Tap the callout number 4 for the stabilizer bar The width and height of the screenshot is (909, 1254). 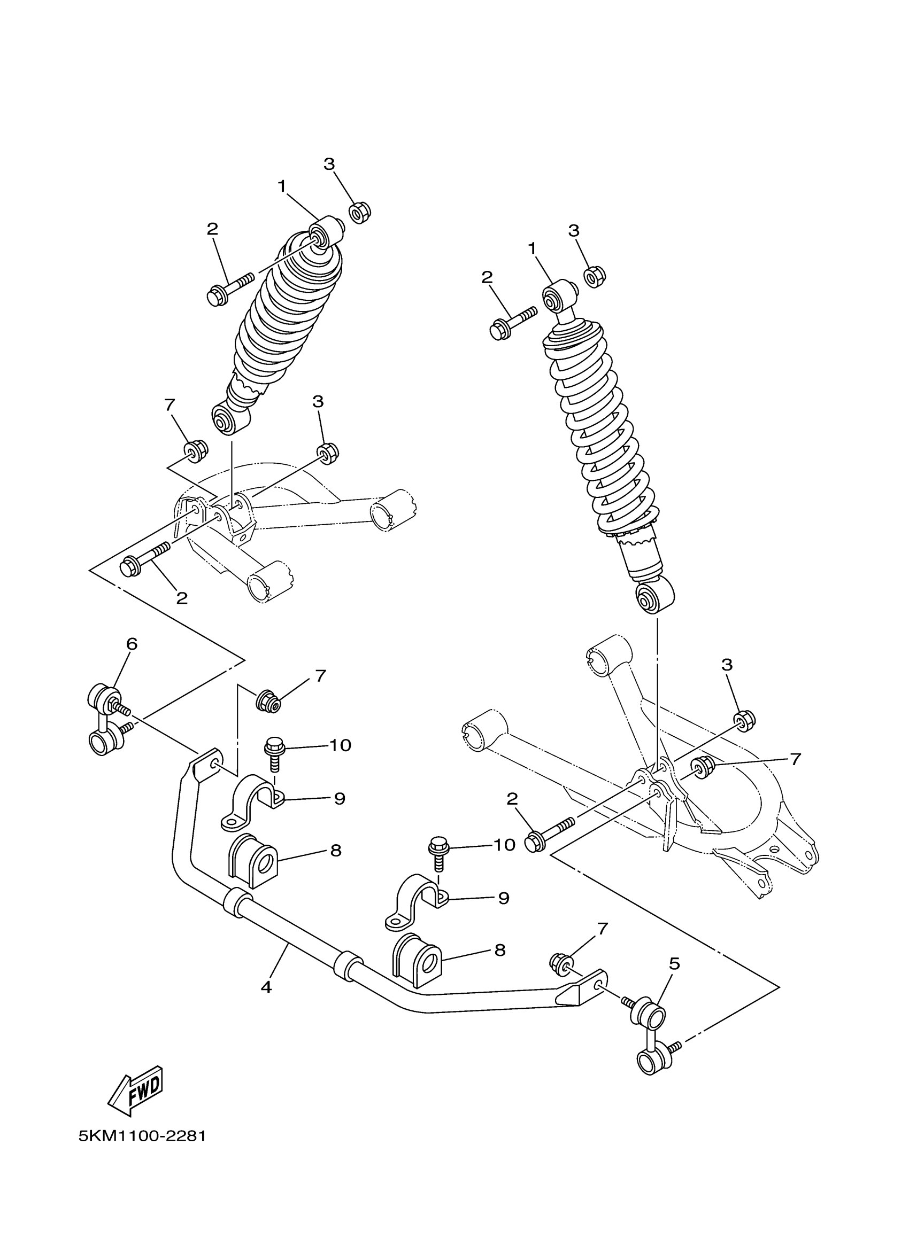coord(266,987)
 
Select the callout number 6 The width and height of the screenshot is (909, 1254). coord(132,644)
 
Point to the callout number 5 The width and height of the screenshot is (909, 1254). coord(674,964)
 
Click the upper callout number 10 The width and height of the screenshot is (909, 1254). coord(340,745)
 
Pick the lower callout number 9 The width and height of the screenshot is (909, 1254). coord(504,898)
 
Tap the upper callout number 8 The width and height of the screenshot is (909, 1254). coord(336,851)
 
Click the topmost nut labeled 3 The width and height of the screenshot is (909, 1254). coord(360,212)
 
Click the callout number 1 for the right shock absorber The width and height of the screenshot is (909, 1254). coord(533,250)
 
